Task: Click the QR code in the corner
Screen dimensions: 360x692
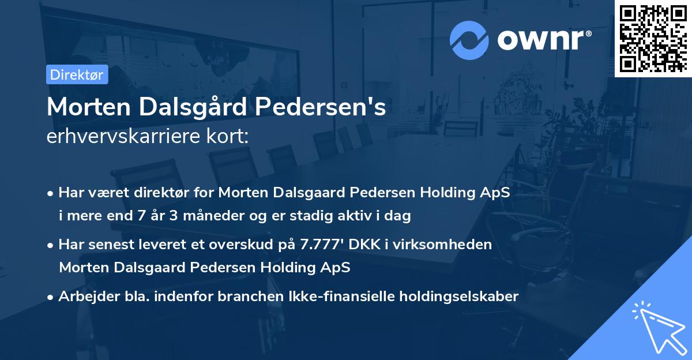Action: pos(653,38)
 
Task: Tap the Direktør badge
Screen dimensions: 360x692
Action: pos(77,74)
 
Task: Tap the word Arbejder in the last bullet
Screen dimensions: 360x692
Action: pos(85,297)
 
